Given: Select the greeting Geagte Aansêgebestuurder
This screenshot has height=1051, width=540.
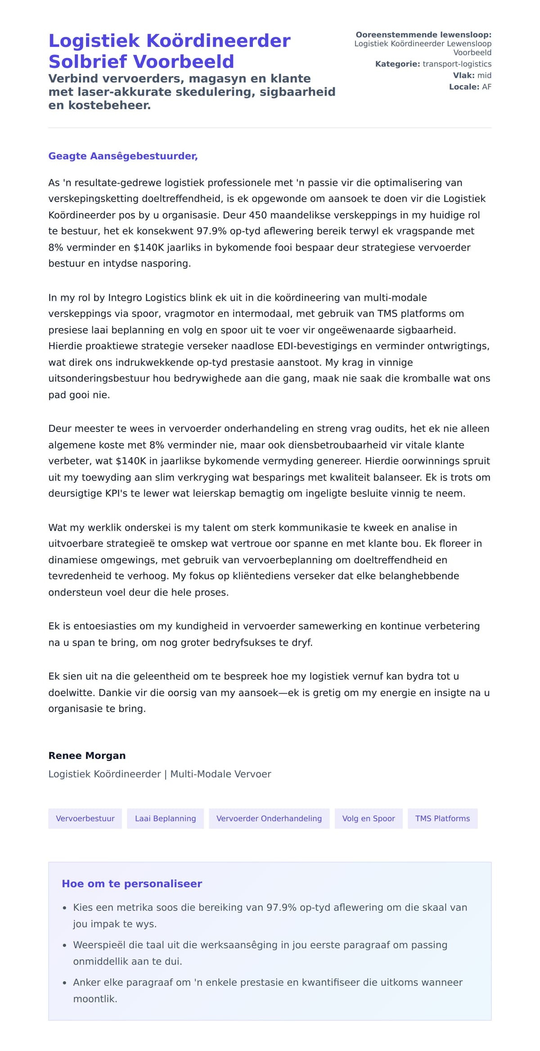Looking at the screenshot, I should pos(123,156).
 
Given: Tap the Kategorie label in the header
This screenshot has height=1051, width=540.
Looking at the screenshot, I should pos(397,64).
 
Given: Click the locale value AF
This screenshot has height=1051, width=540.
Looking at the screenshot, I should pos(486,87).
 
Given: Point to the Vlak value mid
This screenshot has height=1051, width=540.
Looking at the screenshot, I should pos(484,76).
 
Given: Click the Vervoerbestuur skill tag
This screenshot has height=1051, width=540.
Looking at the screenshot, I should pos(85,818).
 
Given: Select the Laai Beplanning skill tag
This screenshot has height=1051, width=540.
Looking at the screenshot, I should pos(165,818).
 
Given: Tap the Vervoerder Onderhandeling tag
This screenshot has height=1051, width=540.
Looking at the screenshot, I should pos(269,818).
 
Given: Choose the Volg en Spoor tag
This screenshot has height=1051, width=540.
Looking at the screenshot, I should pos(369,818).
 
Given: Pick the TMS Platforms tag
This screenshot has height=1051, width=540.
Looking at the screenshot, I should pos(442,818).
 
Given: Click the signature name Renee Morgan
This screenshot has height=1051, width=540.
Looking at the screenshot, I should pos(87,755).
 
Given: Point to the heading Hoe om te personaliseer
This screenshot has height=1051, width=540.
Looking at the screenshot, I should pos(132,884).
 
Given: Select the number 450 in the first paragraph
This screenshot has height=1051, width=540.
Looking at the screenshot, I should pos(258,215).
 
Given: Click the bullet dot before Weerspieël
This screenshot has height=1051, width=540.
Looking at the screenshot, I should pos(65,945).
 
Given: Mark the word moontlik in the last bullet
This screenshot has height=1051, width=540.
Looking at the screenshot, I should pos(94,999).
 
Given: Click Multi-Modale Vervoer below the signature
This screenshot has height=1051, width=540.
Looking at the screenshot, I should pos(220,774).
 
